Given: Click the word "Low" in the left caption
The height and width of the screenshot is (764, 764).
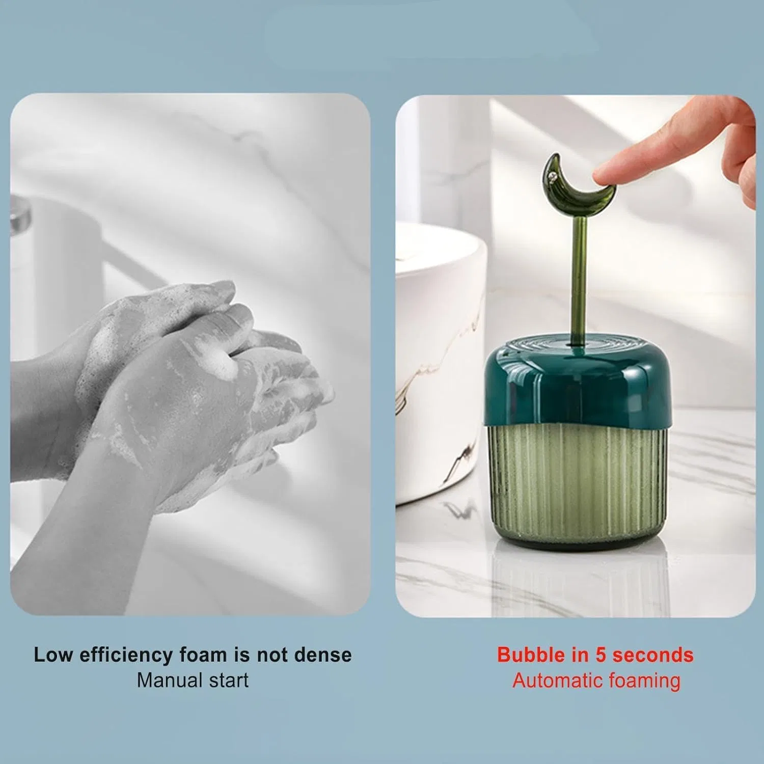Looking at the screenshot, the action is pyautogui.click(x=53, y=654).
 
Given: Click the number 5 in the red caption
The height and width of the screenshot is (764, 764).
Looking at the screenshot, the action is pyautogui.click(x=601, y=655).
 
